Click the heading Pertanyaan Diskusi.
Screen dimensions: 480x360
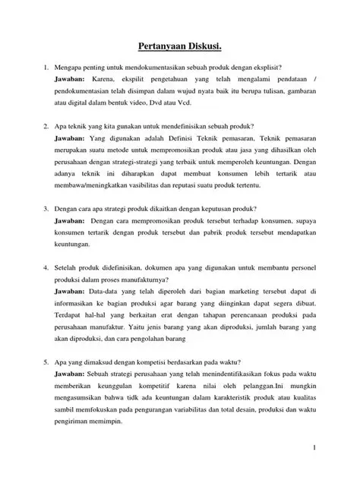[x=180, y=47]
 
